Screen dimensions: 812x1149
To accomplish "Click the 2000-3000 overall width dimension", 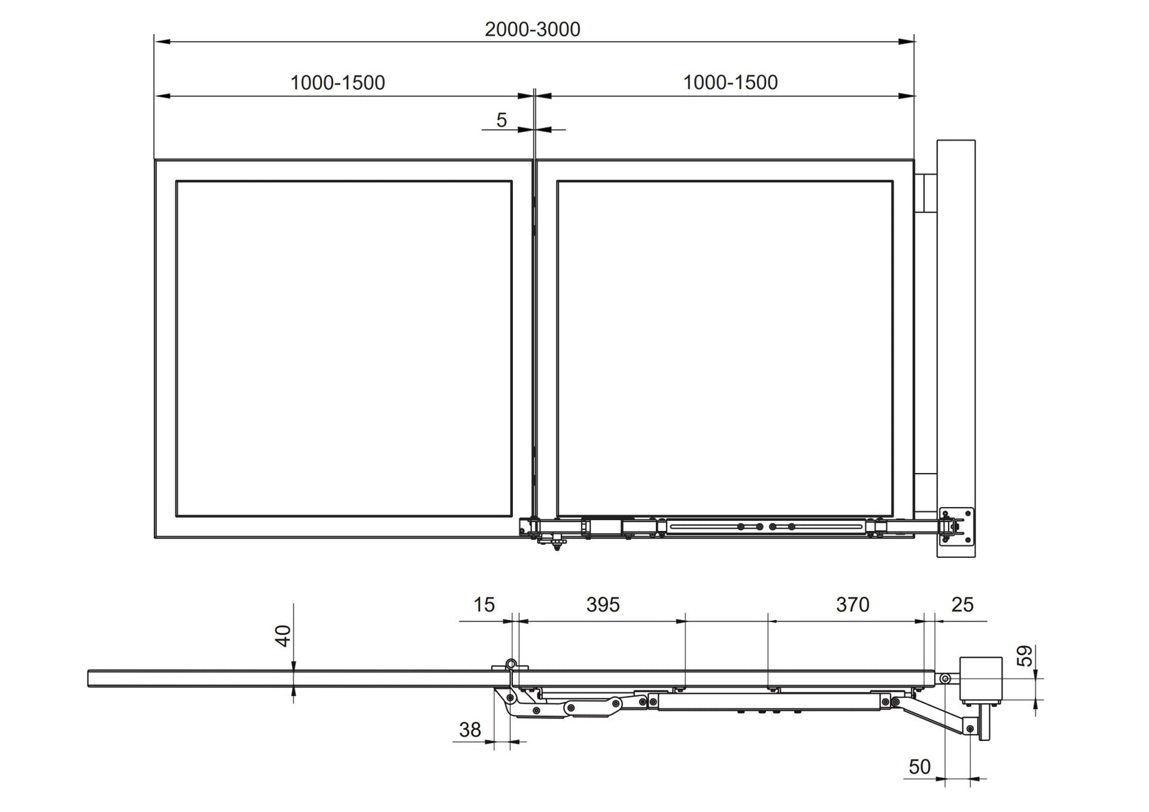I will coord(532,29).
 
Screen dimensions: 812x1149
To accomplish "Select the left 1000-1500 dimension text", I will coord(338,83).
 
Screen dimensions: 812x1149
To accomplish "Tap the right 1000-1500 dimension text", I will coord(730,83).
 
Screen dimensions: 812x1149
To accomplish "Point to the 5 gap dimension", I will coord(501,120).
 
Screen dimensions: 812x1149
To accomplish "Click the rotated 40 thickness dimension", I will coord(284,636).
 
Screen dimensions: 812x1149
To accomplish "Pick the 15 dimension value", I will coord(484,605).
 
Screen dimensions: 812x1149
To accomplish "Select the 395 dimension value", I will coord(603,605).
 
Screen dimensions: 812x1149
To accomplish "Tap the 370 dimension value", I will coord(852,605).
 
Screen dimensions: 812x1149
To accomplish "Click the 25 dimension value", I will coord(962,605).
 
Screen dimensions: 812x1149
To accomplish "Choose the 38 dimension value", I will coord(470,730).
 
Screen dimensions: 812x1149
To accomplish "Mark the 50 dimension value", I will coord(919,767).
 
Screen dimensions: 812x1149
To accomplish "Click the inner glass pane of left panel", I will coord(344,349).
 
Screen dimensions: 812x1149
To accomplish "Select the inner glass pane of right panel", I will coord(725,349).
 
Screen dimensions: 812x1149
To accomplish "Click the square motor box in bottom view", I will coord(981,679).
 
